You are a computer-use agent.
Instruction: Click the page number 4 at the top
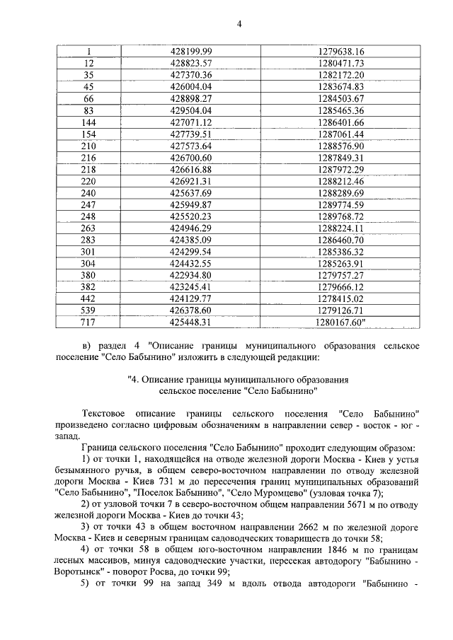(239, 24)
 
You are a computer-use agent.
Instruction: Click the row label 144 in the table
(88, 122)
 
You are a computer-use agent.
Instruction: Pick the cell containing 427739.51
(192, 134)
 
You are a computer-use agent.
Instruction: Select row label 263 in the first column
(88, 228)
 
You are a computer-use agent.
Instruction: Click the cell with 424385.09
(192, 240)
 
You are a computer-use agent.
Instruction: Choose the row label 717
(88, 322)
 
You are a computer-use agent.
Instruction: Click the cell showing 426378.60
(192, 310)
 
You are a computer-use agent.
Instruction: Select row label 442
(88, 298)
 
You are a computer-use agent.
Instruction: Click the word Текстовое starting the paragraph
(106, 412)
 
